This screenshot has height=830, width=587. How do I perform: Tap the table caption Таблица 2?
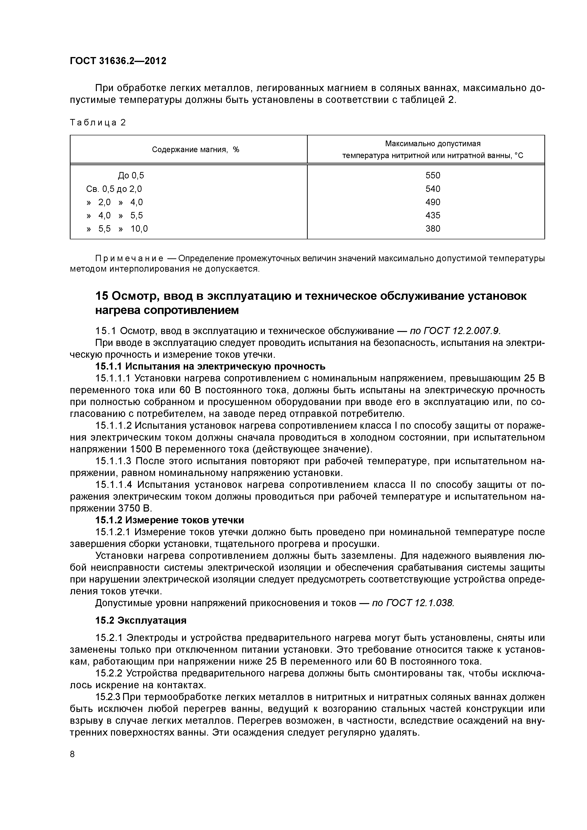(x=98, y=123)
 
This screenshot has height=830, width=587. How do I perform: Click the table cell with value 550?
(x=433, y=176)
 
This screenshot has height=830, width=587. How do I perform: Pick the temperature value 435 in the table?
(x=433, y=216)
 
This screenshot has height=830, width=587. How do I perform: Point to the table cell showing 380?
(x=433, y=229)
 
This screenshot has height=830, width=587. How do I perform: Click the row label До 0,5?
(x=131, y=176)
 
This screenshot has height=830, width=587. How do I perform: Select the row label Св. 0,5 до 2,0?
(x=114, y=189)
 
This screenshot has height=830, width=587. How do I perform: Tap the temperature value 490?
(x=433, y=202)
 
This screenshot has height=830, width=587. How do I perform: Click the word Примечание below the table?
(x=129, y=259)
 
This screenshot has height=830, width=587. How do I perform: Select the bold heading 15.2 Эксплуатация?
(x=141, y=621)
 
